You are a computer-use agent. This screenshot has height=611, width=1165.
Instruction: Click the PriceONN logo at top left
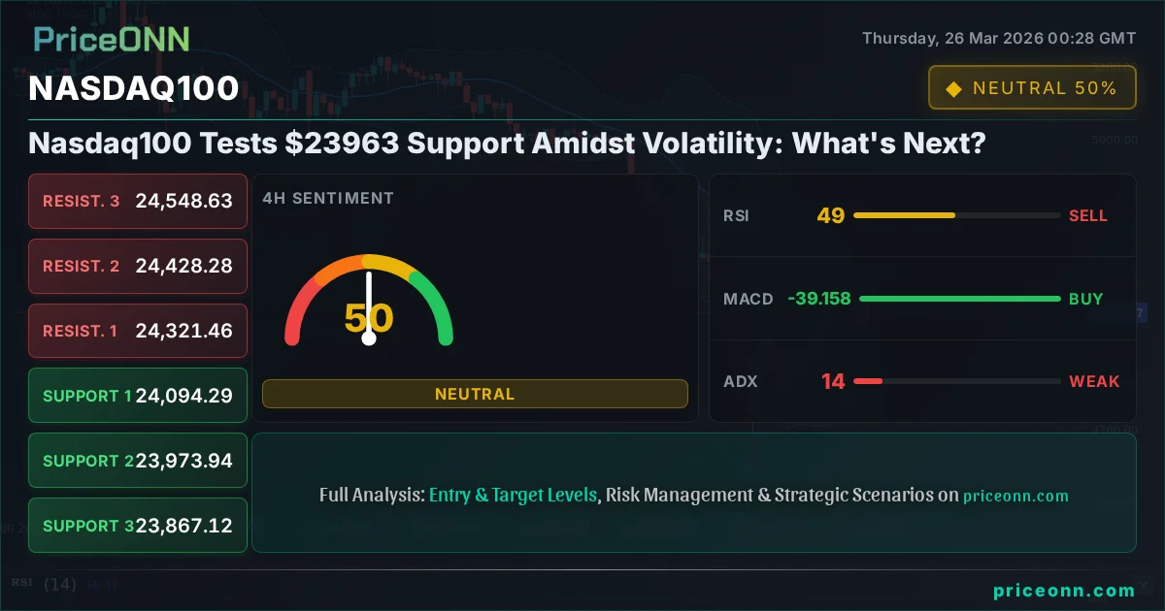[112, 39]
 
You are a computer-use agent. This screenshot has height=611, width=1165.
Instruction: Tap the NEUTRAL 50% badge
[1031, 88]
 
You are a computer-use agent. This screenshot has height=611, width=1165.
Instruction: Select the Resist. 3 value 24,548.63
[184, 201]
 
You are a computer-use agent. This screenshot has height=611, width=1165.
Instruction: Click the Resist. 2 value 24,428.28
[184, 266]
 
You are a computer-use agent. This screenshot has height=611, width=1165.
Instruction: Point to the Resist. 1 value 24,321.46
[184, 331]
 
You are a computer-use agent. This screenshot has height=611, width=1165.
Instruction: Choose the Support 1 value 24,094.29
[184, 396]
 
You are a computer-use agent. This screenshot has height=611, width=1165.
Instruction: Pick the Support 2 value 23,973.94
[184, 461]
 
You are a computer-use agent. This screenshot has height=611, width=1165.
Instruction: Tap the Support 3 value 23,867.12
[184, 526]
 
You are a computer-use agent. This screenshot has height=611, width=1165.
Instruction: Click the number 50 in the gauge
[369, 318]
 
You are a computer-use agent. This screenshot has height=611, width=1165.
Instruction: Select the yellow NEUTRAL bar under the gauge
[475, 394]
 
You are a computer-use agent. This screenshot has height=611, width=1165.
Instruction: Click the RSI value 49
[830, 215]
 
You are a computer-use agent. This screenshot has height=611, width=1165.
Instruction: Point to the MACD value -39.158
[819, 299]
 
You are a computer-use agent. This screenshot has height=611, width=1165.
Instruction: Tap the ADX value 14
[833, 381]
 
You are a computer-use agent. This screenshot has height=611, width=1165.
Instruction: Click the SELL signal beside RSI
[1087, 215]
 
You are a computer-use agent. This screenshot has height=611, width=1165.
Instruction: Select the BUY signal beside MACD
[1085, 299]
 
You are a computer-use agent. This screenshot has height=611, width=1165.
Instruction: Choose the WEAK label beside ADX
[1094, 381]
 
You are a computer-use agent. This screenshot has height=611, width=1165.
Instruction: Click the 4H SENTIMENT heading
[328, 198]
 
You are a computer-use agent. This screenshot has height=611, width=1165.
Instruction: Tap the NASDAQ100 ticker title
[134, 88]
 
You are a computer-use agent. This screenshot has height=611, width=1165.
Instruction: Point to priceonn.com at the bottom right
[1064, 590]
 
